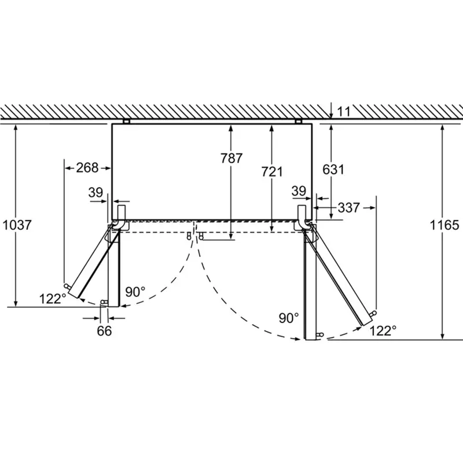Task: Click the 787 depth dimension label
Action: pos(231,158)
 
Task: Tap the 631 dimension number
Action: pos(334,170)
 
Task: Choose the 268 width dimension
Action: pos(87,168)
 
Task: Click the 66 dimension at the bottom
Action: pos(104,331)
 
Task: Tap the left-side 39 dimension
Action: pos(96,192)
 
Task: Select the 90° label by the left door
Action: pos(135,292)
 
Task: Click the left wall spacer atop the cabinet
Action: pos(127,121)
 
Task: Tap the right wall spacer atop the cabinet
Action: pos(298,121)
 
